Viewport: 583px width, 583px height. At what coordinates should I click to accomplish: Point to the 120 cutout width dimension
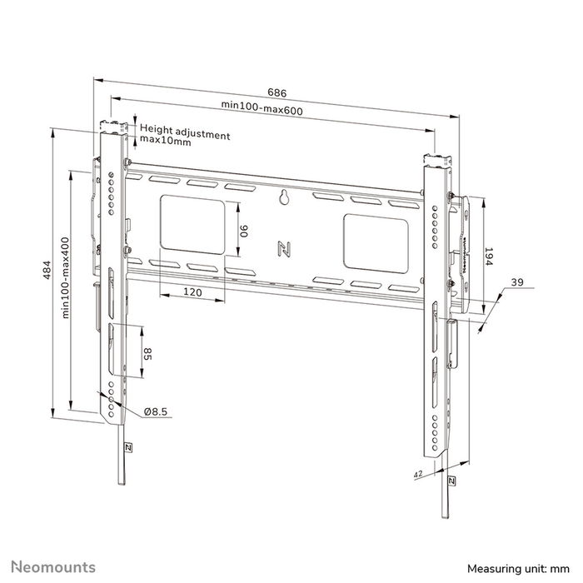(193, 292)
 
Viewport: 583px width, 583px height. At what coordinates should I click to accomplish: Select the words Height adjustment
(183, 130)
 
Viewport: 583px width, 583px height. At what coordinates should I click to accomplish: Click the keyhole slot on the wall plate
(283, 197)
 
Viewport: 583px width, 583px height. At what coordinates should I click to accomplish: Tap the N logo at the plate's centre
(283, 248)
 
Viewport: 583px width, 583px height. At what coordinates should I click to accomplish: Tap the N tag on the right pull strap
(451, 481)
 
